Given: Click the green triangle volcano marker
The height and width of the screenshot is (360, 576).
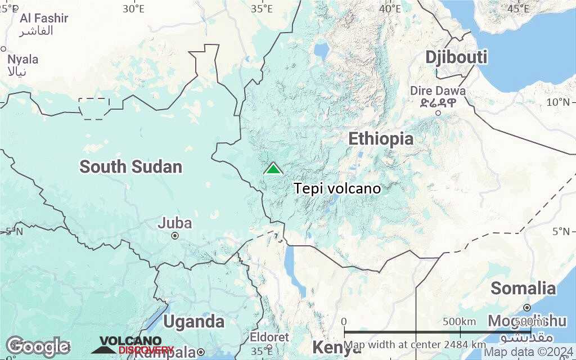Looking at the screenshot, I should tap(273, 168).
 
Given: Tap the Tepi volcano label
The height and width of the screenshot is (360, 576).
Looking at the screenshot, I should tap(337, 188).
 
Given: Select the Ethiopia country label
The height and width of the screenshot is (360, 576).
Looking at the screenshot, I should tap(381, 139).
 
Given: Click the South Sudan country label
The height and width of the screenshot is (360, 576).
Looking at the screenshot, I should tap(130, 166).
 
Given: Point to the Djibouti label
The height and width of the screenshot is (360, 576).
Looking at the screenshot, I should tap(456, 57).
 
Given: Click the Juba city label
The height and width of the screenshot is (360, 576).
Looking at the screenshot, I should tap(174, 223).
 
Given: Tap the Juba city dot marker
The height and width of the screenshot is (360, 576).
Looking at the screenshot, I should tap(175, 236).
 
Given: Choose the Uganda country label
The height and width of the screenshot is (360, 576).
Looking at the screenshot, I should tap(194, 322).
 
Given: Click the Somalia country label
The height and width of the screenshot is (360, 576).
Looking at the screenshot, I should tap(523, 289).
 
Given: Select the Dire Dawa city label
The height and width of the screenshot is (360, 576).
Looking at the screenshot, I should tap(438, 91).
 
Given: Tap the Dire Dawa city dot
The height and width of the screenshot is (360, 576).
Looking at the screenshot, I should tap(438, 112).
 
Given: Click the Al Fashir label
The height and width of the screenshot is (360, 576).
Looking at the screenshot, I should tap(44, 18).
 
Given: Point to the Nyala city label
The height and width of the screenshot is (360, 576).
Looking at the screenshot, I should tap(23, 59).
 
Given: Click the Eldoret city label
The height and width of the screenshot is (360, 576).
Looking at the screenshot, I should tap(269, 337).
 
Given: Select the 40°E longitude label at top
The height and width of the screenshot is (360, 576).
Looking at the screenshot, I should tap(390, 8).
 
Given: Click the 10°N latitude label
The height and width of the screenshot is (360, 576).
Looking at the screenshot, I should tap(558, 102).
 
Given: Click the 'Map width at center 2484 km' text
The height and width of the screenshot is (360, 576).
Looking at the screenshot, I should tap(415, 344).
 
